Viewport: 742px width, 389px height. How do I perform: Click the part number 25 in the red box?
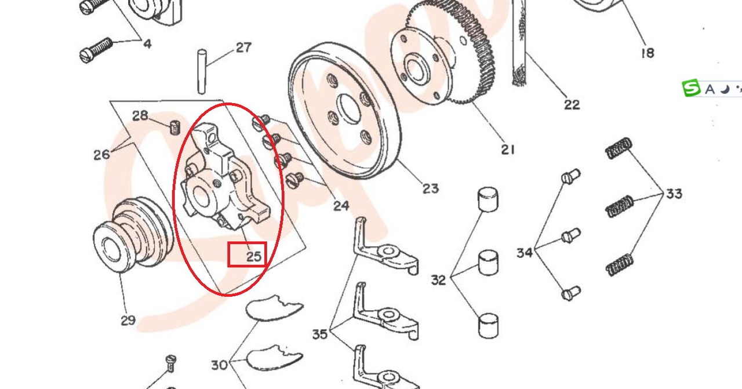pos(254,256)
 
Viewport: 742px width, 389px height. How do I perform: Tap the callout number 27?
pos(243,48)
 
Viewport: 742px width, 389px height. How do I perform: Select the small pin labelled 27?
pos(202,71)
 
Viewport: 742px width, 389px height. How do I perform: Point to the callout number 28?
pos(140,115)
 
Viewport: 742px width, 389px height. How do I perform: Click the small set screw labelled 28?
pos(174,128)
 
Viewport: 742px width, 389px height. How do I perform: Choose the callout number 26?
pos(101,154)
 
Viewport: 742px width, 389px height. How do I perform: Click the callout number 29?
pos(128,320)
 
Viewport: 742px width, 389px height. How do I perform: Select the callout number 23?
pos(431,188)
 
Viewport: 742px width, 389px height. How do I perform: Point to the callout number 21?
pos(508,150)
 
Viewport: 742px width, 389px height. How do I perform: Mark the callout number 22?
pos(572,105)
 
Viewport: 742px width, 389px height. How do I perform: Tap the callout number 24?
pos(341,206)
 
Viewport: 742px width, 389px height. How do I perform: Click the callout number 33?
pos(674,194)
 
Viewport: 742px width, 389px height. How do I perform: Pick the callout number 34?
pos(525,253)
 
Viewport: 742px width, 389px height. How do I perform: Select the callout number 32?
pos(439,280)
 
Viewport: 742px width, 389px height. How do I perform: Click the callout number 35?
pos(320,334)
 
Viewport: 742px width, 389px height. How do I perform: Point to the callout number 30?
pos(219,365)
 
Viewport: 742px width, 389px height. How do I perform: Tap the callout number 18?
pos(648,53)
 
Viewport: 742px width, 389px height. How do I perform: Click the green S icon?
pos(691,88)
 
